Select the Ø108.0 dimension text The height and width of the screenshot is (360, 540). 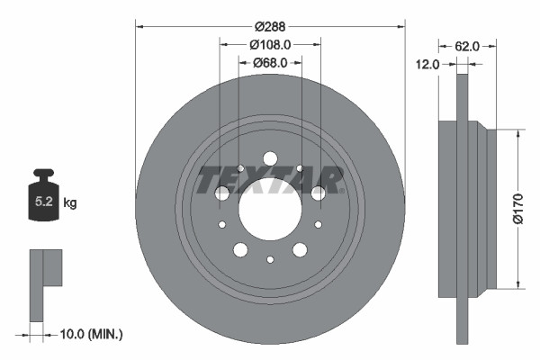click(x=270, y=43)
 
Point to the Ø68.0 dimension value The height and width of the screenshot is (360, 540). click(x=270, y=62)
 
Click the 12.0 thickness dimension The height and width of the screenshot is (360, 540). click(x=427, y=64)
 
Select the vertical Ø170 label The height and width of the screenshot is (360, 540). click(x=517, y=209)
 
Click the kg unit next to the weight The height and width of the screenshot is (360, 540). click(x=70, y=203)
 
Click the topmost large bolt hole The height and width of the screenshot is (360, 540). click(x=270, y=159)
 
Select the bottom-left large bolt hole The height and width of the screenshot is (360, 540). click(x=240, y=250)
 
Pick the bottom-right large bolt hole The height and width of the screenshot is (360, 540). click(x=300, y=250)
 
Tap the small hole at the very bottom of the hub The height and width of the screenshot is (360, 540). click(x=270, y=260)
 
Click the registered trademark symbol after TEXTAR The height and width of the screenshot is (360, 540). click(x=344, y=190)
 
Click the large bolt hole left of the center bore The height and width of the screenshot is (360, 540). click(x=221, y=193)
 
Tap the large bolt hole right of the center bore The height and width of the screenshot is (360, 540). click(x=319, y=193)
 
